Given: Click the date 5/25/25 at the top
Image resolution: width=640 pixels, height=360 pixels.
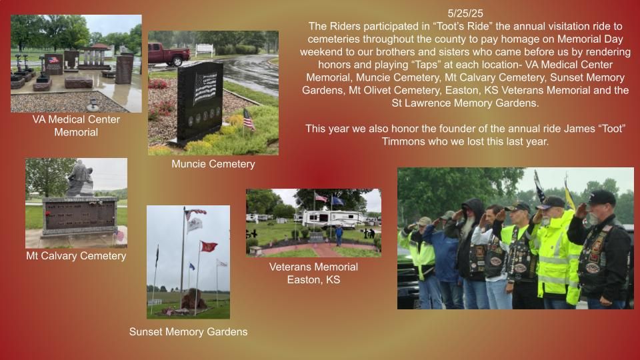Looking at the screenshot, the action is tap(465, 13).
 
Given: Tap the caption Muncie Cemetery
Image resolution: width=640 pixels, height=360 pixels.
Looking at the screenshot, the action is tap(213, 164).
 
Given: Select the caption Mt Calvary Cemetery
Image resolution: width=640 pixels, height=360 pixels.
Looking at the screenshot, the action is tap(76, 256).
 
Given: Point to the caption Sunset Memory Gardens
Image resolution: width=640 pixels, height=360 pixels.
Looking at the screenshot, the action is tap(188, 332).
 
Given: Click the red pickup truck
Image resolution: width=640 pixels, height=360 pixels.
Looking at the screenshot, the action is tap(168, 54).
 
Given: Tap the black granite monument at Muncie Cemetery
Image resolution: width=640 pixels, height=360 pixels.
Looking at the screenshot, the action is tap(200, 102).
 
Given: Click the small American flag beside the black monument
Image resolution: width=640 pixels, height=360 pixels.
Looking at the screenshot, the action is tap(249, 119).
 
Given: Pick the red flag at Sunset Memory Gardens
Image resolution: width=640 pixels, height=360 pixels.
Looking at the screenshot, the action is tap(209, 246).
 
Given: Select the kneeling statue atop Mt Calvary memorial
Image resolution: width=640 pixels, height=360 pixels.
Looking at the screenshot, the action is tap(80, 178).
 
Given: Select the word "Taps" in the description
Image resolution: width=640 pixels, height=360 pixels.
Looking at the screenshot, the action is tap(427, 65).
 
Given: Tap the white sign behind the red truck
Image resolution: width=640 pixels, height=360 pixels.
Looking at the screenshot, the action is tap(205, 49).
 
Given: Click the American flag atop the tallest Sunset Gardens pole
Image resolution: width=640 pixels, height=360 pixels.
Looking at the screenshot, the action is tap(196, 213).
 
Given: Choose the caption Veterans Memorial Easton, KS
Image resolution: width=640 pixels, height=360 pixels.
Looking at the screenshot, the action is tap(313, 273).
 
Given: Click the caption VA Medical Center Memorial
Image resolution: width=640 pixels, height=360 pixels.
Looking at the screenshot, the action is tap(76, 126).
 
